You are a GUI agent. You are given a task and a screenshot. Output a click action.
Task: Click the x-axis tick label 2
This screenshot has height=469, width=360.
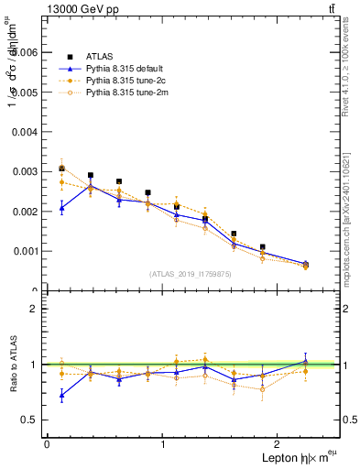[x=280, y=444]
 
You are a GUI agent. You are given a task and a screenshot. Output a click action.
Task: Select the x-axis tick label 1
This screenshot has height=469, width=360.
[x=163, y=444]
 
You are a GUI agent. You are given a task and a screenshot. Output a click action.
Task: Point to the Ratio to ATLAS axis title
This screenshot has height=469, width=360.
[x=11, y=365]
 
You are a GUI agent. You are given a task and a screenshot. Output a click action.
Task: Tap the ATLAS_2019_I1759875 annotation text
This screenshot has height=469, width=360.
[x=191, y=273]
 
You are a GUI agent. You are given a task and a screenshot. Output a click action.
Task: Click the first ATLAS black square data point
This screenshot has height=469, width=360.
[x=61, y=169]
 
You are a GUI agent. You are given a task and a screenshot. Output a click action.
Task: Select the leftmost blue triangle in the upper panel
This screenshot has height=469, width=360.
[x=61, y=209]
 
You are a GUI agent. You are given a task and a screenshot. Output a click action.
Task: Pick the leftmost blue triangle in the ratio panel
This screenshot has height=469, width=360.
[x=61, y=396]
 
